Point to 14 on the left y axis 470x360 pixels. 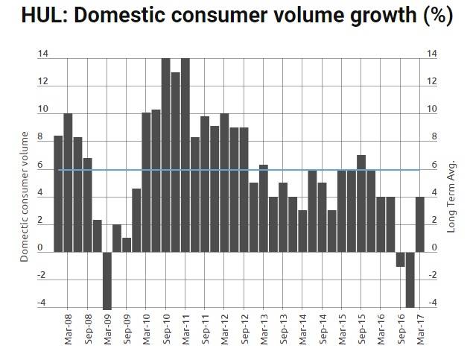click(42, 54)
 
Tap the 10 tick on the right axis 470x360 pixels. click(433, 110)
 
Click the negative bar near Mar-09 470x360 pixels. click(107, 280)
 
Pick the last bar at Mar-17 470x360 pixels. click(419, 224)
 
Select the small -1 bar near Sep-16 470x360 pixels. click(400, 259)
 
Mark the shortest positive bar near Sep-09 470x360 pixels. click(127, 244)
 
